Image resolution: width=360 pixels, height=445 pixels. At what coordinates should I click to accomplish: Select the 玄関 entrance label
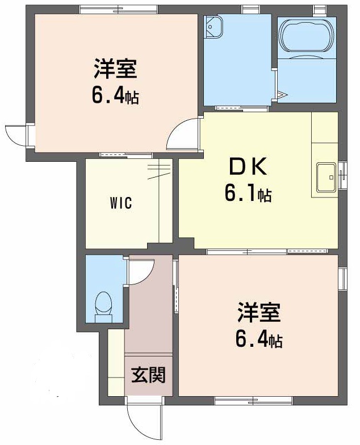(x=149, y=375)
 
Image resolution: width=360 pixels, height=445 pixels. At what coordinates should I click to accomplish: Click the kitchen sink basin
(x=326, y=178)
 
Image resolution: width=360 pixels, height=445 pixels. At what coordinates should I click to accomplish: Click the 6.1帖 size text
(x=248, y=195)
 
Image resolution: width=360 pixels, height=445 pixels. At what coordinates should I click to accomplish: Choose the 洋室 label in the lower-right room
(x=259, y=312)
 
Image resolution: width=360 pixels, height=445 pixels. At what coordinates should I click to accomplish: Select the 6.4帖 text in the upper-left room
(x=115, y=96)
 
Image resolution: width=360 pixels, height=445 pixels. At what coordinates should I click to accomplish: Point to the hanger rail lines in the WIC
(x=160, y=170)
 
